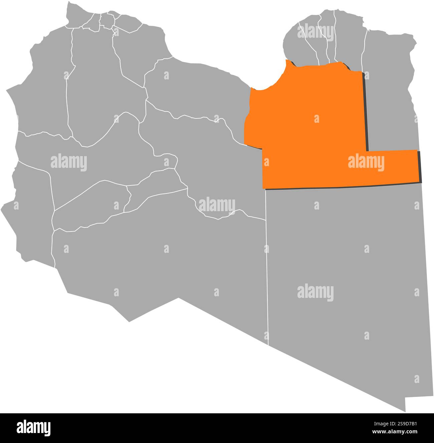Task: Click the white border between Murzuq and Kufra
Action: [267, 267]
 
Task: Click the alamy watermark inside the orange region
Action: [366, 163]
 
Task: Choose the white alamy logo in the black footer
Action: [33, 428]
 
